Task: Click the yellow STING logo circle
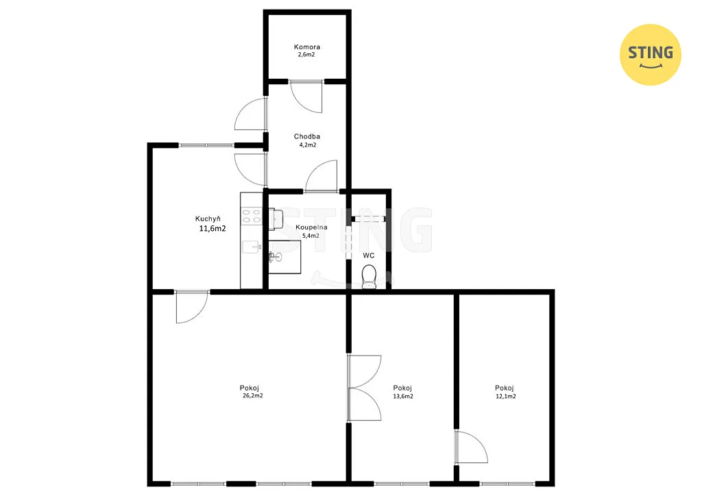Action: pyautogui.click(x=650, y=55)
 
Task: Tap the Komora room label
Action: pyautogui.click(x=306, y=47)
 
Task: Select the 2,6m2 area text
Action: pyautogui.click(x=306, y=55)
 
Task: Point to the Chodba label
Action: pyautogui.click(x=306, y=136)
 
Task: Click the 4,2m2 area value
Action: pyautogui.click(x=308, y=145)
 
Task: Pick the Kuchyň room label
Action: pyautogui.click(x=208, y=219)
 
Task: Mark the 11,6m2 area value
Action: pyautogui.click(x=213, y=229)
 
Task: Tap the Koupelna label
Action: pyautogui.click(x=311, y=227)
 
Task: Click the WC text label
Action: pyautogui.click(x=368, y=256)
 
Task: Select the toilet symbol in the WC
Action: pyautogui.click(x=369, y=277)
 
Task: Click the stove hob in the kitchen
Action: pyautogui.click(x=251, y=216)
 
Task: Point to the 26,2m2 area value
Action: pyautogui.click(x=252, y=396)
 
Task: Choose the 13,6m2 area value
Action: pyautogui.click(x=403, y=396)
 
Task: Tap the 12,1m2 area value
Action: pyautogui.click(x=505, y=396)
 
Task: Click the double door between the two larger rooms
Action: pyautogui.click(x=364, y=388)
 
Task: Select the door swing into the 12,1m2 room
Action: pyautogui.click(x=472, y=447)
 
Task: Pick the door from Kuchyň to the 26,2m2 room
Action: pyautogui.click(x=192, y=308)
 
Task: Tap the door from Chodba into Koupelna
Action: pyautogui.click(x=321, y=176)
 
